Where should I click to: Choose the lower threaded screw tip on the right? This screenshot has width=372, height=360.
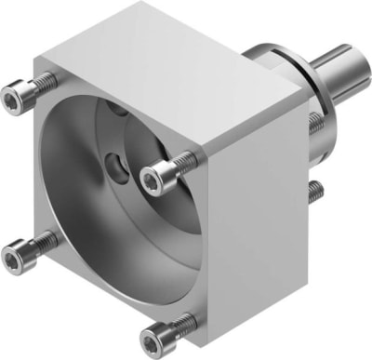[x=317, y=191]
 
